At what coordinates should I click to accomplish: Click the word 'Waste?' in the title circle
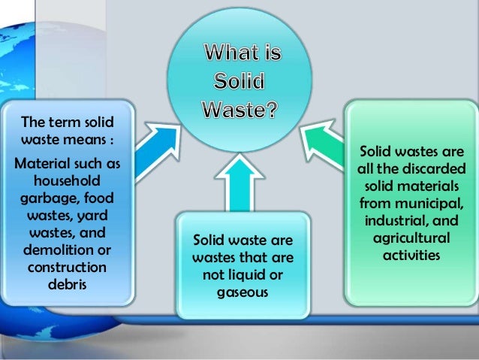240,109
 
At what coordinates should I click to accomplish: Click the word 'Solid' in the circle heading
235,82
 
